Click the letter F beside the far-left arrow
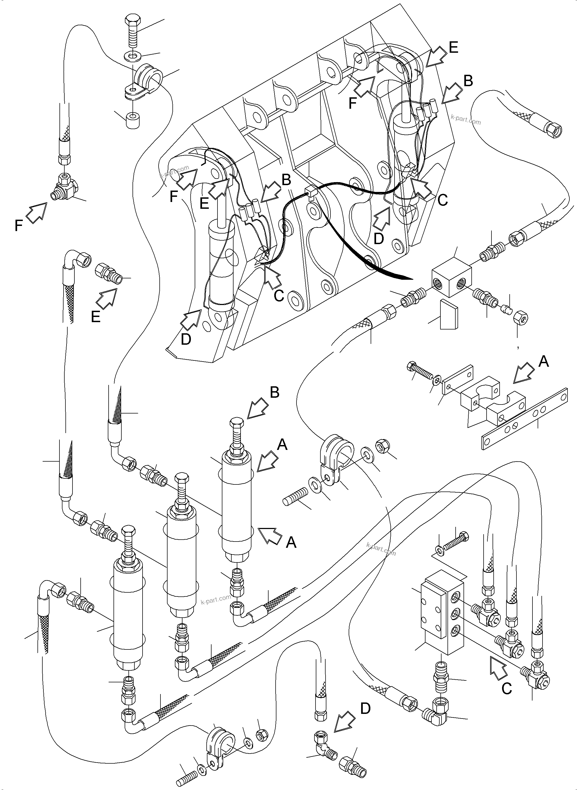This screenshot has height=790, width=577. [18, 226]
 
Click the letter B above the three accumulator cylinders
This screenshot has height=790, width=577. [275, 392]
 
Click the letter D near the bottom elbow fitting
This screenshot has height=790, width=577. [365, 708]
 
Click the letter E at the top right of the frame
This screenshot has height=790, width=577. [453, 47]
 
